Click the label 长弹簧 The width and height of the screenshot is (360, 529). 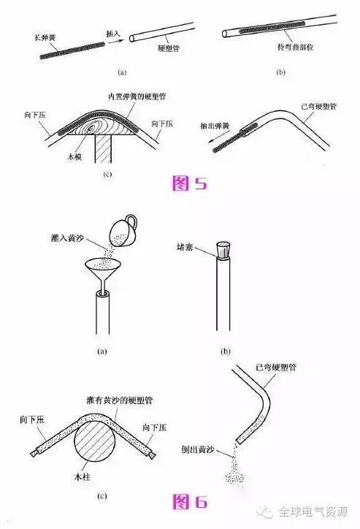click(x=45, y=37)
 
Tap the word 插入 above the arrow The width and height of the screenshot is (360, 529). click(x=113, y=34)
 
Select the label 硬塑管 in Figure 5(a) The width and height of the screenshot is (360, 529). click(x=169, y=48)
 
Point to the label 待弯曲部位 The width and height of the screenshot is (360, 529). click(x=295, y=47)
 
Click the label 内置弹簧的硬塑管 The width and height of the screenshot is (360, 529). click(x=137, y=96)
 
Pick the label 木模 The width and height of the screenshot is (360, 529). click(x=74, y=156)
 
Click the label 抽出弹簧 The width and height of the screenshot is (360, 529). click(x=215, y=126)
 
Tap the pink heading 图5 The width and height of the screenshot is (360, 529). click(x=189, y=183)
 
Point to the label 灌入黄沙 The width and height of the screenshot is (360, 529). click(x=67, y=238)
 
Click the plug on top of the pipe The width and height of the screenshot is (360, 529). click(x=223, y=250)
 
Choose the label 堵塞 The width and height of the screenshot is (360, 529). click(x=185, y=247)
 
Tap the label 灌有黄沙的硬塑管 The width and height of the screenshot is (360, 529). click(x=120, y=400)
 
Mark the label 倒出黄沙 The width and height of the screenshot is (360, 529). click(x=198, y=449)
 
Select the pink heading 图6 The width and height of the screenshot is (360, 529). click(x=190, y=501)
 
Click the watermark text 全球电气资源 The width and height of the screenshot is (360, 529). click(x=313, y=512)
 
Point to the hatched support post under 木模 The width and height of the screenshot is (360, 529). click(x=103, y=148)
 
